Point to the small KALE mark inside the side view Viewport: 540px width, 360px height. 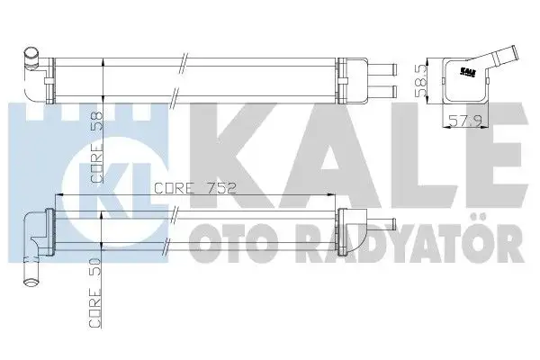tap(468, 68)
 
